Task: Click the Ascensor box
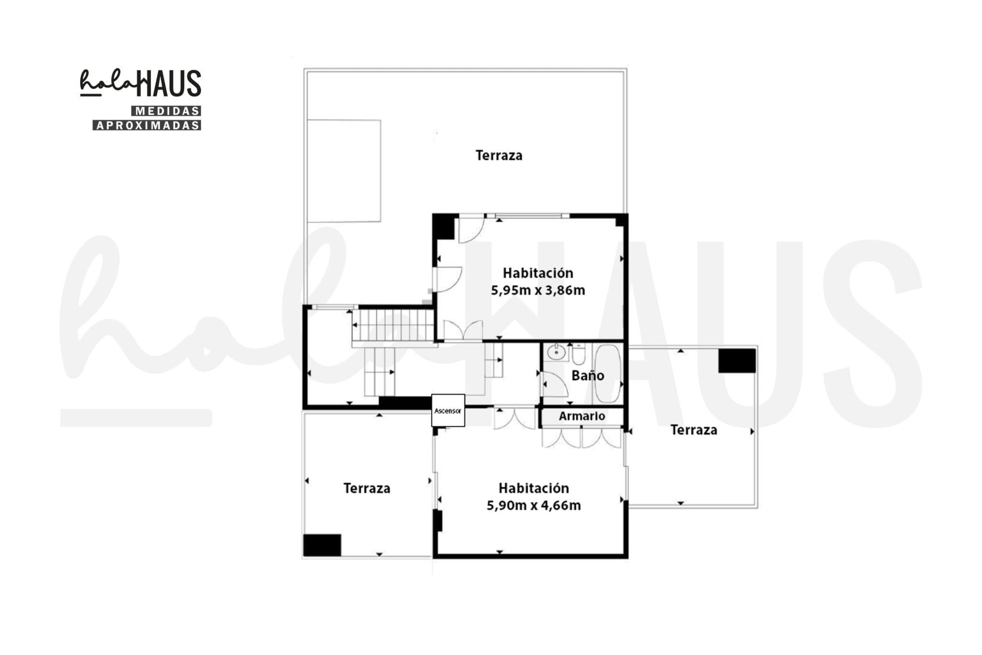click(x=448, y=410)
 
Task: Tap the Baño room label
click(x=587, y=375)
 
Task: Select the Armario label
click(x=582, y=416)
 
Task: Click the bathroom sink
click(x=556, y=352)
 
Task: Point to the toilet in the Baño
click(x=578, y=354)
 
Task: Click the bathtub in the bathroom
click(x=608, y=374)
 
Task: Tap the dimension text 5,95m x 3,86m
click(x=538, y=291)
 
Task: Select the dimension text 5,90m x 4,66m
click(x=534, y=505)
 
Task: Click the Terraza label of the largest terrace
click(x=499, y=155)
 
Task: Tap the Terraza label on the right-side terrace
click(x=694, y=430)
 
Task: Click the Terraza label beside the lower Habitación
click(x=367, y=488)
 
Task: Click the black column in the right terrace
click(x=737, y=361)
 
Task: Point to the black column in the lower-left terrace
click(x=322, y=545)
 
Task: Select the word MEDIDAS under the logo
click(x=166, y=111)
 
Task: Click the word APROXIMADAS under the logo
click(x=147, y=125)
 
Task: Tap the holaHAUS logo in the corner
click(x=140, y=83)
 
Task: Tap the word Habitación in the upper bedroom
click(x=538, y=273)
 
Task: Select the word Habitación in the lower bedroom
click(x=534, y=488)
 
